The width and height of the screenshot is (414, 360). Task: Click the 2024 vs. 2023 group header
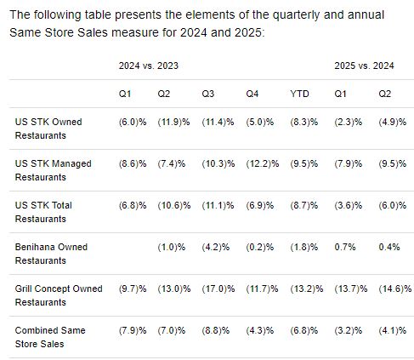tap(149, 66)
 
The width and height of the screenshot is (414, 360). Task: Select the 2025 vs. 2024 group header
tap(364, 66)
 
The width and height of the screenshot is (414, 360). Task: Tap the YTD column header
tap(299, 94)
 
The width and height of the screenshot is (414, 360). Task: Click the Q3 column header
tap(208, 94)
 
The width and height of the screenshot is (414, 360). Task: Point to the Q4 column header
tap(252, 94)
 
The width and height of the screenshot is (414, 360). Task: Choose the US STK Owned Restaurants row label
tap(48, 129)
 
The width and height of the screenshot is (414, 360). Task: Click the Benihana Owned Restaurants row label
tap(51, 254)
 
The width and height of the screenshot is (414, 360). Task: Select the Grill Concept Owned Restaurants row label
tap(59, 295)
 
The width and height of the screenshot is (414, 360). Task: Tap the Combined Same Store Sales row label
tap(50, 337)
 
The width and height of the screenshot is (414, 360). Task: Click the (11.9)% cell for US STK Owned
tap(173, 122)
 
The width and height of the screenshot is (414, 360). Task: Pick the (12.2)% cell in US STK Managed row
tap(263, 163)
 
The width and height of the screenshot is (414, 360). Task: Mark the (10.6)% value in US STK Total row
tap(174, 205)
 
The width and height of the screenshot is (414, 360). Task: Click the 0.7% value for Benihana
tap(345, 247)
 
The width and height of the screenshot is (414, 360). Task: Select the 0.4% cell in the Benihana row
tap(389, 247)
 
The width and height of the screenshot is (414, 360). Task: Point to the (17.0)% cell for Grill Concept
tap(218, 289)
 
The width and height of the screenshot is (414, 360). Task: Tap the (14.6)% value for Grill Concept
tap(395, 289)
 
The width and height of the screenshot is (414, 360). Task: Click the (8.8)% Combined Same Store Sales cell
tap(216, 330)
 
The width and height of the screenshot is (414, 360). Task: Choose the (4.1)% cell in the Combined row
tap(393, 330)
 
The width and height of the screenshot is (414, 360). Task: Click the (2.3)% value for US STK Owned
tap(349, 122)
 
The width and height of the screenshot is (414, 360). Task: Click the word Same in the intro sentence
tap(25, 32)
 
